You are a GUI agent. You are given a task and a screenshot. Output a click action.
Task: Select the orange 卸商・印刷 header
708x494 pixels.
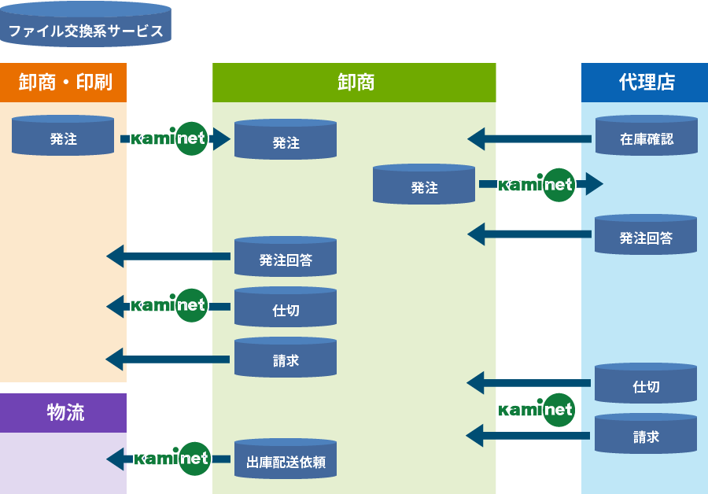pos(64,82)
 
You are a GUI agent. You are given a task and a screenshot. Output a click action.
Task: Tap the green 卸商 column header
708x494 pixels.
pos(355,82)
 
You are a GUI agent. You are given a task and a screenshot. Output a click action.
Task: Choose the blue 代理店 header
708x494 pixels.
pos(645,82)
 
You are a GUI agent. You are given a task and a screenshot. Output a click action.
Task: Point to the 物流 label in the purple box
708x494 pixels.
pos(64,412)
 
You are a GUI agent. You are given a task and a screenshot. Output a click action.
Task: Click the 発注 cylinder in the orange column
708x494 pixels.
pos(63,136)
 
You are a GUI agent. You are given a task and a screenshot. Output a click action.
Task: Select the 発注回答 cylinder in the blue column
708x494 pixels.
pos(646,235)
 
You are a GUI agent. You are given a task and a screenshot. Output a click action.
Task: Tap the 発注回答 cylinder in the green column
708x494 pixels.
pos(286,257)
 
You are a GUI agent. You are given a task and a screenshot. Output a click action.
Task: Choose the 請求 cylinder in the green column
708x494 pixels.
pos(286,359)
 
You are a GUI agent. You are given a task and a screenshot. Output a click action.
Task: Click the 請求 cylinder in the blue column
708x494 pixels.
pos(646,434)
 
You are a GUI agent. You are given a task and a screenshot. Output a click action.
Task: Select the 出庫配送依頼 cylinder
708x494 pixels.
pos(286,460)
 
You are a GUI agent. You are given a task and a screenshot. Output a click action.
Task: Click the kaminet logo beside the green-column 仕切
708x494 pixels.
pos(169,305)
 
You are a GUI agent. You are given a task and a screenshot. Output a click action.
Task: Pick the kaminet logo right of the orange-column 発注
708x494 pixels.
pos(168,138)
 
